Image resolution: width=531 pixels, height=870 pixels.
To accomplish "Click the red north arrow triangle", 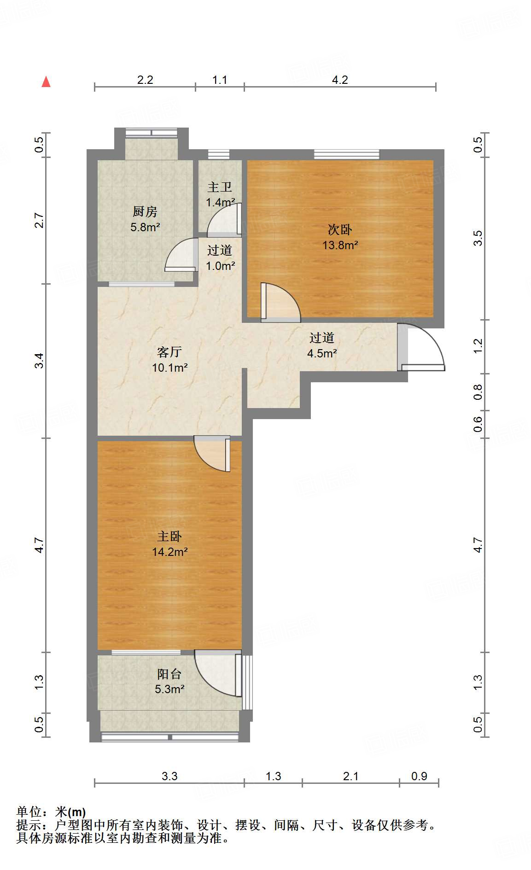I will [46, 82].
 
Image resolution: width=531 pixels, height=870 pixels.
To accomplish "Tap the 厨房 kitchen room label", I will [145, 211].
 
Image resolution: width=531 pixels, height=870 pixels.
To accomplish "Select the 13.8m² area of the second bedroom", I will [340, 245].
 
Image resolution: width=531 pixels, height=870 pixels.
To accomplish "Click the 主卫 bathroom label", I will [220, 187].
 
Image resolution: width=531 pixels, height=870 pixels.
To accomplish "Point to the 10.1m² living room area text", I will [169, 368].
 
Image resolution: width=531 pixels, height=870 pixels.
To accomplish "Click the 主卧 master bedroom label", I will [169, 536].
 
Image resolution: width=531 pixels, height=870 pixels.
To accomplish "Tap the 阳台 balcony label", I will [169, 674].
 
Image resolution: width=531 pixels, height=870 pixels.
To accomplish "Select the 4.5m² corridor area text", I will [322, 353].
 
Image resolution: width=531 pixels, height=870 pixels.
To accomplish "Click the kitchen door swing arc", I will [180, 256].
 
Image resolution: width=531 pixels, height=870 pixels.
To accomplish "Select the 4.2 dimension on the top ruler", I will [340, 80].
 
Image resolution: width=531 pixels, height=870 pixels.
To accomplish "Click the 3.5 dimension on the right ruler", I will [478, 238].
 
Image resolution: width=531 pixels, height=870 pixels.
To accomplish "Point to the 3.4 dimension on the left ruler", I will [40, 360].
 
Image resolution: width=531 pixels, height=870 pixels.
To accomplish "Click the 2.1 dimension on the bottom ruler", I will [350, 776].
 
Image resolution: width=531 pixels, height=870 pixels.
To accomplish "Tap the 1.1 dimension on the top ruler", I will [220, 80].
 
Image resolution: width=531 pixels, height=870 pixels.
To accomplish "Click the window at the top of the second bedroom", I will [346, 155].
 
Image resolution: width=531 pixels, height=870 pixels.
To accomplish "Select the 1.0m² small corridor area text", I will [220, 266].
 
